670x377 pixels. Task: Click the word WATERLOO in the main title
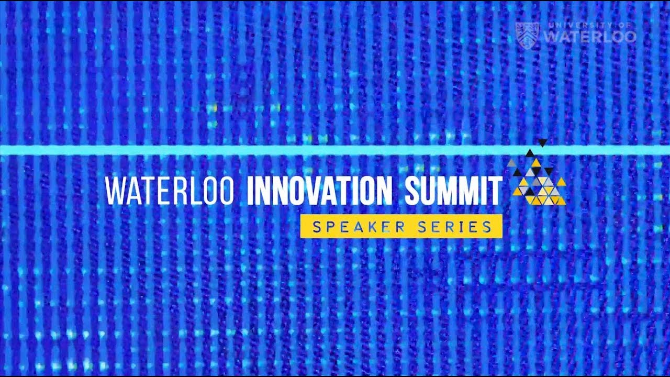click(169, 191)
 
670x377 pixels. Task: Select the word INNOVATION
click(319, 191)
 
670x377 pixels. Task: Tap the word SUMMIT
click(453, 191)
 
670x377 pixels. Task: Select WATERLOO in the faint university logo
click(590, 37)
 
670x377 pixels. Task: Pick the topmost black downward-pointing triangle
click(543, 142)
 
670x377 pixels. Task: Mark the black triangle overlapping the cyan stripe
click(530, 153)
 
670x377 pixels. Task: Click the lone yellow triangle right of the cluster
click(561, 182)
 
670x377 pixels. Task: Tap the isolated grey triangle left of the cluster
click(511, 163)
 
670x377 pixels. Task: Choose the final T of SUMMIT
click(496, 191)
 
